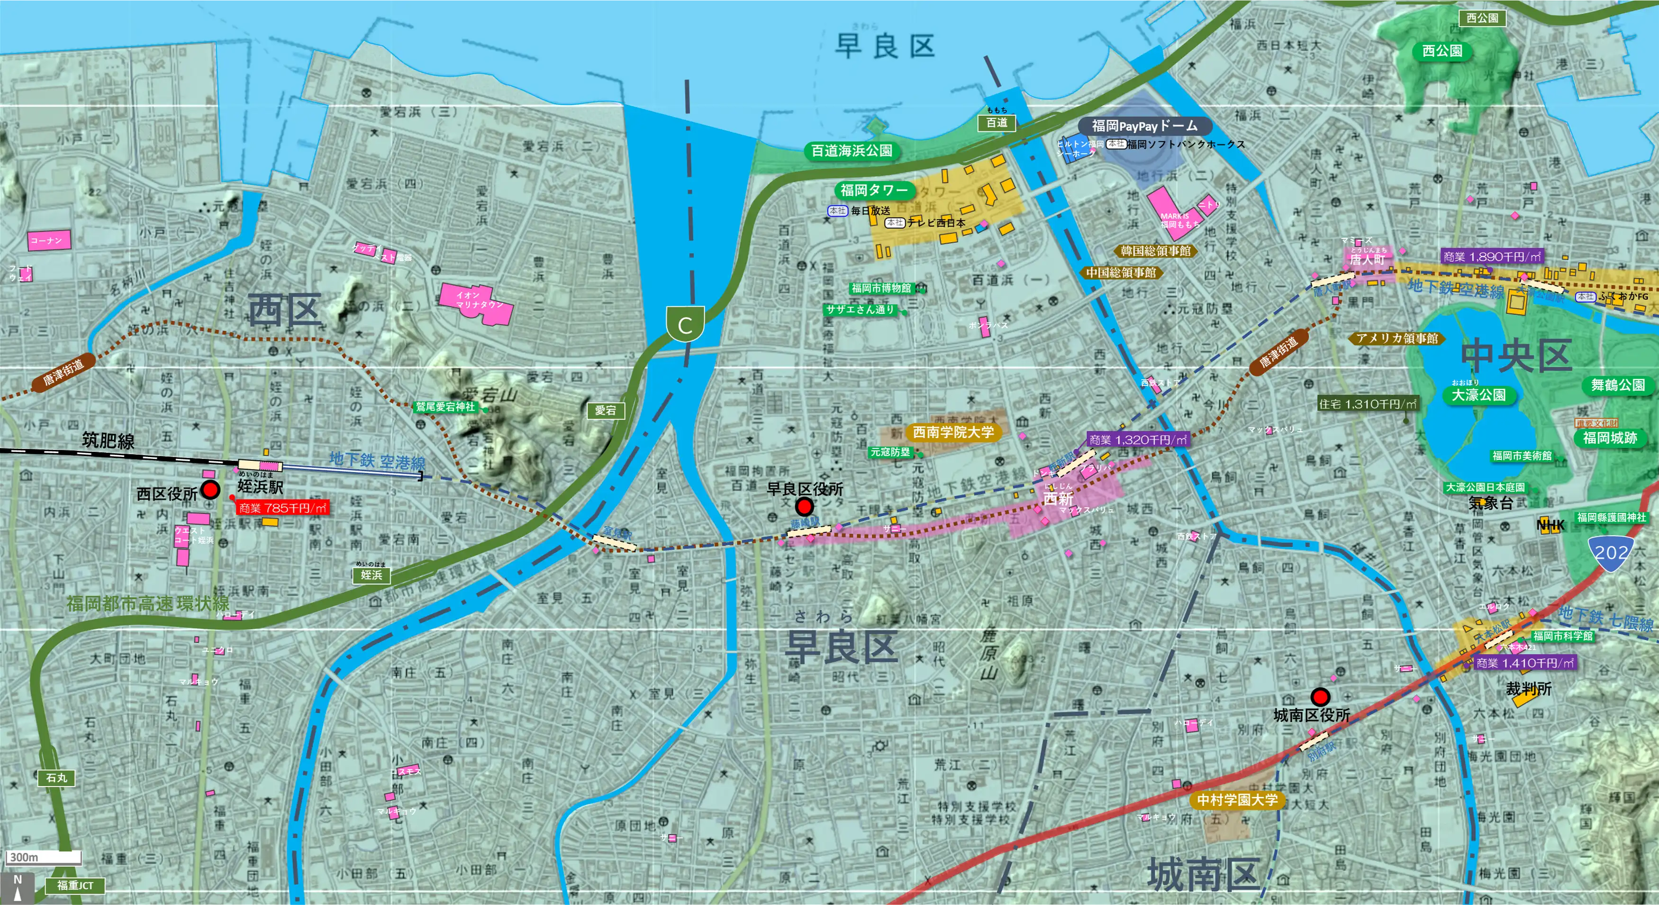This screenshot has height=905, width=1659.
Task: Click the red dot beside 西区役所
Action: (x=210, y=490)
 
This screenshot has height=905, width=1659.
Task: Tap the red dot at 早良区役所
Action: (x=804, y=506)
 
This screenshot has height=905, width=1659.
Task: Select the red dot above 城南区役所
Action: (x=1320, y=696)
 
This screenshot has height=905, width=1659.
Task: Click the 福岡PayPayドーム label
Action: (x=1144, y=126)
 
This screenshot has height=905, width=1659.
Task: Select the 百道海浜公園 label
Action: (x=852, y=151)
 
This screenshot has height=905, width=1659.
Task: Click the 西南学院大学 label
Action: (x=953, y=431)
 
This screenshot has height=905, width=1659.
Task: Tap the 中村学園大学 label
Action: (x=1236, y=800)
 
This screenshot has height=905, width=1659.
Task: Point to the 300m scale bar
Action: (x=44, y=857)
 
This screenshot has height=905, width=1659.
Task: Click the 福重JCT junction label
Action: (x=75, y=886)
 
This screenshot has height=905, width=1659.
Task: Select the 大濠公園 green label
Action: (x=1478, y=395)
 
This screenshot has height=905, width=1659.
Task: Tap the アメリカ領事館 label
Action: (x=1396, y=338)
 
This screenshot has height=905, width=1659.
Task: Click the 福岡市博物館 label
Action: (x=881, y=288)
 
